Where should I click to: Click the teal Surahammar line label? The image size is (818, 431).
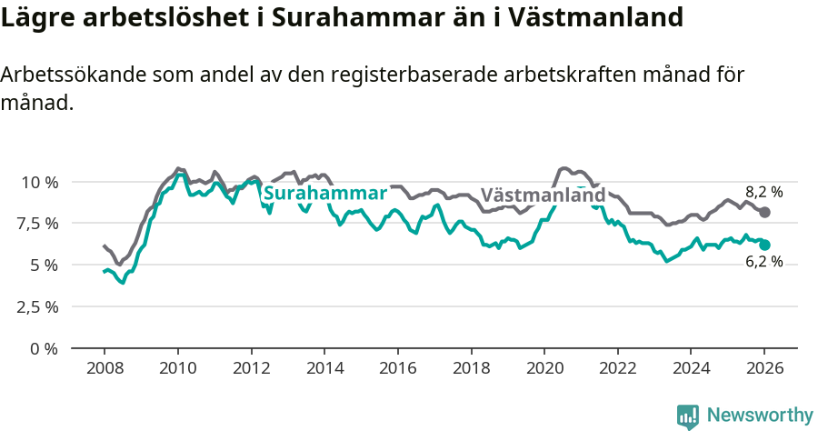coord(324,193)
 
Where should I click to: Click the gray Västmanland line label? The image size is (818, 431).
coord(543,195)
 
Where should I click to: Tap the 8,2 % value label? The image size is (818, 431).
coord(763,192)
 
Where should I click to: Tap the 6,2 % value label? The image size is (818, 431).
coord(763,262)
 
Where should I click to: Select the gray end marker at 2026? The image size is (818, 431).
coord(765,212)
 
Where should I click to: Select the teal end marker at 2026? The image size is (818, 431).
coord(765,245)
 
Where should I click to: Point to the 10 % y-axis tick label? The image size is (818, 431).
coord(39,182)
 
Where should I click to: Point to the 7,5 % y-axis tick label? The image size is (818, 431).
coord(39,224)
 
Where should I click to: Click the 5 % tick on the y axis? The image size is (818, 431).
coord(45,265)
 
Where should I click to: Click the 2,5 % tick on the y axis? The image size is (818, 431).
coord(39,306)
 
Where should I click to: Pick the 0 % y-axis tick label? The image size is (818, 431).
coord(45,348)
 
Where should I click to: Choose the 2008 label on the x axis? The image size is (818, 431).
coord(105,369)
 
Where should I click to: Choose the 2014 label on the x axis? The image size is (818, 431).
coord(324,369)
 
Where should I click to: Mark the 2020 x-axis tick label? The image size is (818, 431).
coord(544,369)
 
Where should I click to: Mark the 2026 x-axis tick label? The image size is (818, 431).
coord(764,369)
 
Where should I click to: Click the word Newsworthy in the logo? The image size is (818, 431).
coord(760,415)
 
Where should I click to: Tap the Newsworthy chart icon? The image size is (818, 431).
coord(688,416)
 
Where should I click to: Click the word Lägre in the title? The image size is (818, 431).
coord(35,18)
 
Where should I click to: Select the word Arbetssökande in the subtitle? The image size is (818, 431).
coord(71,75)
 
